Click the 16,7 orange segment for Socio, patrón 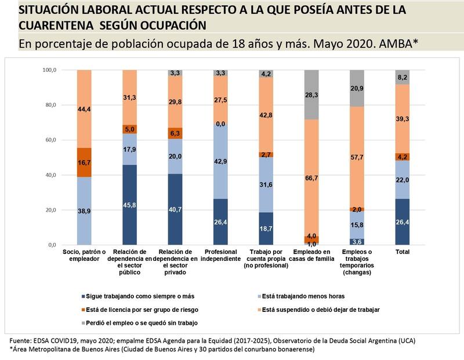pos(84,162)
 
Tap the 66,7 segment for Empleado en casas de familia pos(311,178)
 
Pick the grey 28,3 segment pos(311,94)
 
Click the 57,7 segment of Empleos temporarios pos(357,157)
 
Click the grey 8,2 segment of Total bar pos(401,77)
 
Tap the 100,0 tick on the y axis pos(49,70)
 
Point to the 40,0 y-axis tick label pos(50,175)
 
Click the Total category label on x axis pos(401,252)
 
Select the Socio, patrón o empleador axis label pos(84,255)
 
